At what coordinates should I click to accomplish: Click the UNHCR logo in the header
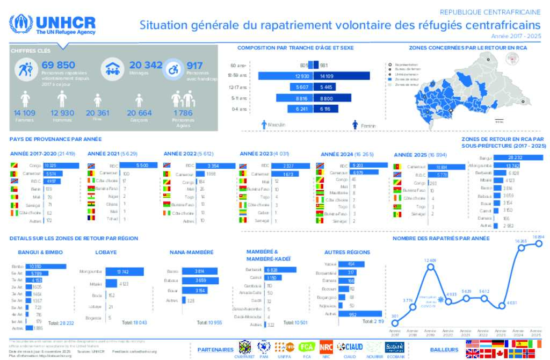point(53,25)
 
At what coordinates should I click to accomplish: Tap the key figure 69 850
point(58,65)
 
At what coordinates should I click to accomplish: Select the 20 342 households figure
point(146,65)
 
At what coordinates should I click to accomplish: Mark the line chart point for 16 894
point(539,243)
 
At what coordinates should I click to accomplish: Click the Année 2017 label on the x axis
point(396,333)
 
